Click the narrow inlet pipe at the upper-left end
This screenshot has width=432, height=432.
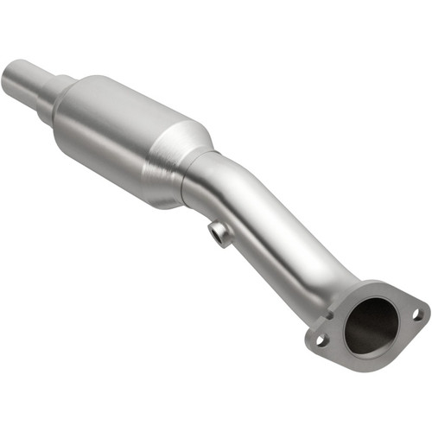19,77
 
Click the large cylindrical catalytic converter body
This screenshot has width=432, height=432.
121,130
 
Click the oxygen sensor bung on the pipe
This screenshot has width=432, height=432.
220,233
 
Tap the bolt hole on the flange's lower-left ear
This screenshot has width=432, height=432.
321,339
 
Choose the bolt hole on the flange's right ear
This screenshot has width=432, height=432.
416,314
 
